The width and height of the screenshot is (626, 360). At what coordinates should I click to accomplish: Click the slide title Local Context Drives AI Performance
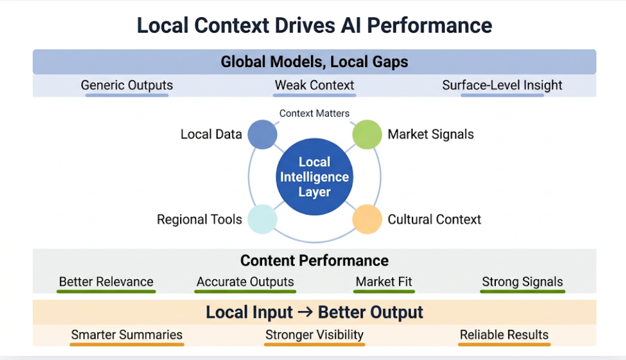coord(314,26)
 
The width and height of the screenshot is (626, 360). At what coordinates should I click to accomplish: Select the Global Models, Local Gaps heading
coord(314,62)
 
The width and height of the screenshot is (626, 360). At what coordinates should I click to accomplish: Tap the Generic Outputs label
coord(127,85)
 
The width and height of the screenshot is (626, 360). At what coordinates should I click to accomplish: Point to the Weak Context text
coord(314,85)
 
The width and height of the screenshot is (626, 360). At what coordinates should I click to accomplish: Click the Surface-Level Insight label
coord(502,85)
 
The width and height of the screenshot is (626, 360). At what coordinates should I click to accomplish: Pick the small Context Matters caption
coord(314,113)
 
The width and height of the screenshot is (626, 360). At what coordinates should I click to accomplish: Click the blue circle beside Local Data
coord(262,134)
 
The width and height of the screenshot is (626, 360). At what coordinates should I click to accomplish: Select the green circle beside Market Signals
coord(367,134)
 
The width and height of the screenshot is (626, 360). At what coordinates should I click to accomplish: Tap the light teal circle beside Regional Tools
coord(262,219)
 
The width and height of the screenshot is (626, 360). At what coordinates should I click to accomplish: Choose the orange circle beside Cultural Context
coord(367,219)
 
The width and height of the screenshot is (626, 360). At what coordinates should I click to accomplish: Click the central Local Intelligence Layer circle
coord(314,177)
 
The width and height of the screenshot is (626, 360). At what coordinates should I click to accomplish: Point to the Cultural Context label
coord(434,219)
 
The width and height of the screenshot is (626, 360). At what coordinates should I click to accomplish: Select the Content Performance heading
coord(314,260)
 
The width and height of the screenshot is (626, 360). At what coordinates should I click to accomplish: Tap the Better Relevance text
coord(106,282)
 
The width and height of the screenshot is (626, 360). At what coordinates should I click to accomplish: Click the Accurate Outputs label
coord(246,282)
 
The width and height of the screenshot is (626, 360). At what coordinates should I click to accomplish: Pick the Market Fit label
coord(384,282)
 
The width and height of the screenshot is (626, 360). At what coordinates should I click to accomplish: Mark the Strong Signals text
coord(523,282)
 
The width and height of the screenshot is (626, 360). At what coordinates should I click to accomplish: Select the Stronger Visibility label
coord(314,334)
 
